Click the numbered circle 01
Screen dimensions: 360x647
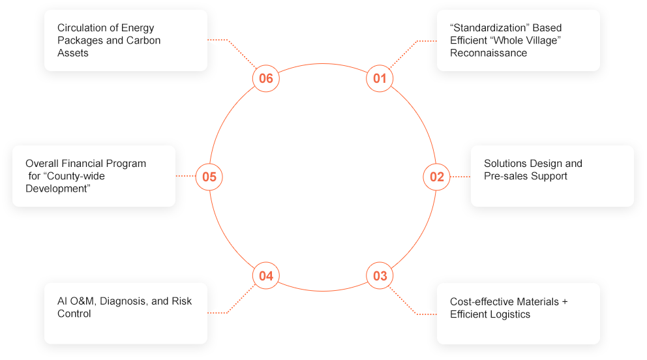(x=380, y=79)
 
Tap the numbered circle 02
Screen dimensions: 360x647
(x=436, y=177)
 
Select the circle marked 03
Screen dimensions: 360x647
(x=380, y=276)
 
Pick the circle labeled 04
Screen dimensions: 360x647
(x=265, y=276)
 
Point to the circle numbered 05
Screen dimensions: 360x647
(x=209, y=177)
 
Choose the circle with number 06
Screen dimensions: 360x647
(x=265, y=79)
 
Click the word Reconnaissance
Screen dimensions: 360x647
(x=489, y=53)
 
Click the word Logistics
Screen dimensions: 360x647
(x=509, y=314)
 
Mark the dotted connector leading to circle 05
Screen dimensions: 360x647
(x=186, y=176)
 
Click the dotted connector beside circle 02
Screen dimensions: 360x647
(x=460, y=177)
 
